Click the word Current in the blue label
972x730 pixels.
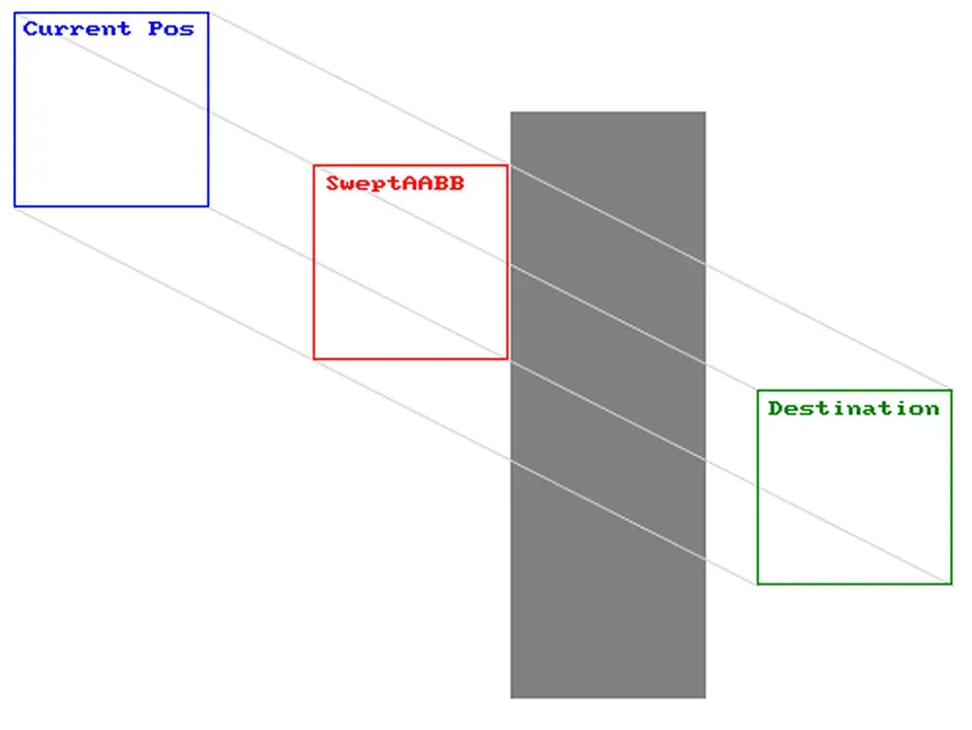pyautogui.click(x=76, y=29)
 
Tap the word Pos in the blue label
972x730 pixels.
pyautogui.click(x=171, y=29)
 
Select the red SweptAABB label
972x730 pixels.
pyautogui.click(x=395, y=182)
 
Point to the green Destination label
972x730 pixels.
pyautogui.click(x=853, y=408)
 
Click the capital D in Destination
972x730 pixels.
pyautogui.click(x=775, y=408)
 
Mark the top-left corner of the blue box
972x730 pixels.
pyautogui.click(x=14, y=13)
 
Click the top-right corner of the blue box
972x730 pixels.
pyautogui.click(x=208, y=13)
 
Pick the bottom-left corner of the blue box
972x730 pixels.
pyautogui.click(x=14, y=206)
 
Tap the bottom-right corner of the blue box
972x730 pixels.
pyautogui.click(x=208, y=206)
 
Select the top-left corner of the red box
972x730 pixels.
pyautogui.click(x=314, y=165)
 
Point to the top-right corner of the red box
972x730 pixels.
pyautogui.click(x=507, y=165)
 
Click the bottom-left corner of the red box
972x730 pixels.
pyautogui.click(x=314, y=359)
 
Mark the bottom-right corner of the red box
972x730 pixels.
pyautogui.click(x=507, y=359)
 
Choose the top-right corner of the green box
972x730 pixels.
pyautogui.click(x=951, y=390)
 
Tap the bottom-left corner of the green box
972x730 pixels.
pyautogui.click(x=757, y=584)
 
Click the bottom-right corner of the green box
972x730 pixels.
pyautogui.click(x=951, y=584)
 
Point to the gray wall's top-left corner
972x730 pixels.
pyautogui.click(x=511, y=112)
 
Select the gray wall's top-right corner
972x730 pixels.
pyautogui.click(x=705, y=112)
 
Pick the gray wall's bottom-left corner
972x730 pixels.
pyautogui.click(x=511, y=698)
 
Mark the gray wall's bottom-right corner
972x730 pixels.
pyautogui.click(x=705, y=698)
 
